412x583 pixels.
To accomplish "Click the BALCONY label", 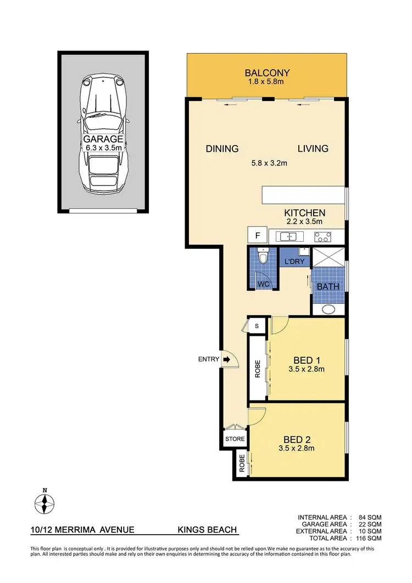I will [267, 73].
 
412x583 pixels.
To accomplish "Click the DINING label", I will [222, 148].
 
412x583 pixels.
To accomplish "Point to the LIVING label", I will [313, 148].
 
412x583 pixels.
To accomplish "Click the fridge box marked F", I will [257, 236].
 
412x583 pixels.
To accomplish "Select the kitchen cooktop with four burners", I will [322, 237].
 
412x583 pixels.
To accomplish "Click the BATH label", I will [328, 286].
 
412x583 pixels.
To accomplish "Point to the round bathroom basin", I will [329, 309].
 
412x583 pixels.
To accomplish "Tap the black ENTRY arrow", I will [225, 359].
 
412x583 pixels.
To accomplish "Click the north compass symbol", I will [45, 503].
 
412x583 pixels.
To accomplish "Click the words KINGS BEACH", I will [207, 530].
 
